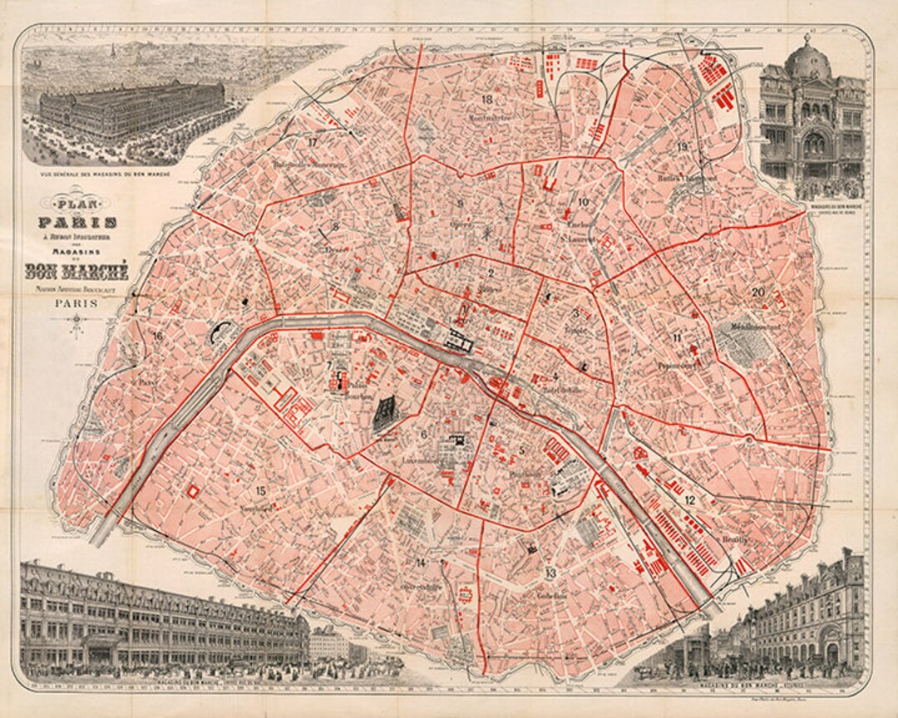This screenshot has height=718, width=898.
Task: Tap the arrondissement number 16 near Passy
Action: pos(157,336)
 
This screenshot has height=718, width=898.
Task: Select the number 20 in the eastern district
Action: pos(757,292)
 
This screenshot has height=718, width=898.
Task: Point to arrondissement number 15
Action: pos(261,490)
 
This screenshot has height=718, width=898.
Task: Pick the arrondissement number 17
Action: pos(313,142)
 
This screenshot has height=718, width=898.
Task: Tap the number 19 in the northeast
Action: pos(682,147)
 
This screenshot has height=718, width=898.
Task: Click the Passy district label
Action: pos(148,382)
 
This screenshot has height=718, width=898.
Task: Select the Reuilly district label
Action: pos(734,538)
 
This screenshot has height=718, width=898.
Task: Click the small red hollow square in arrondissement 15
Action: pos(196,492)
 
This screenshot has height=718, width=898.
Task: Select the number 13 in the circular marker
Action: pos(550,573)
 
